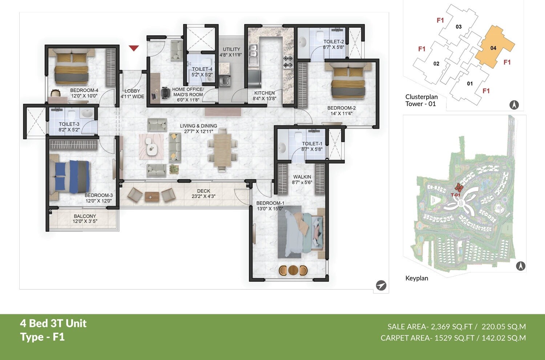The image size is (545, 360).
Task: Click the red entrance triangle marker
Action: (134, 48)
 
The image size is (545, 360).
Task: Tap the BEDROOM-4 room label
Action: (84, 90)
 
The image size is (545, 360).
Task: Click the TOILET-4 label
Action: (202, 69)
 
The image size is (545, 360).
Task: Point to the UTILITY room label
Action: (231, 49)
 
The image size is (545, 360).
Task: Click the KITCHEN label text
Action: (264, 93)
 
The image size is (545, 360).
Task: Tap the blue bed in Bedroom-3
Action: (71, 177)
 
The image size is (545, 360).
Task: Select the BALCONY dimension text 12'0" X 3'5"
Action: (85, 221)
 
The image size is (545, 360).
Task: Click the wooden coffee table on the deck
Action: (152, 196)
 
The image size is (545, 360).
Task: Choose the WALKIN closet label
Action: (302, 177)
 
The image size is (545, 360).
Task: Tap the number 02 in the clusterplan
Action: (436, 64)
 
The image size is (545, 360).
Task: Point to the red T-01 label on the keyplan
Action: (456, 195)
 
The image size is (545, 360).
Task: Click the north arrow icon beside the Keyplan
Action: (521, 266)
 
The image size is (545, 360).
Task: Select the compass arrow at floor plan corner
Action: (381, 286)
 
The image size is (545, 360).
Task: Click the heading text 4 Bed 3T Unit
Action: (53, 323)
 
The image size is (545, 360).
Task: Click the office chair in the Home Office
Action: (165, 93)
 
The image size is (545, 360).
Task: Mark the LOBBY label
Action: (132, 91)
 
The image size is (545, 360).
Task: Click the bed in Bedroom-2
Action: (348, 82)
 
